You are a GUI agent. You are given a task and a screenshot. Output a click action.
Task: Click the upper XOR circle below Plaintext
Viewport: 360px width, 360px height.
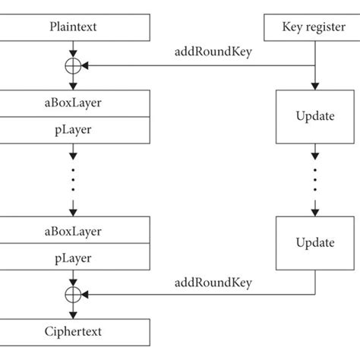[x=73, y=67]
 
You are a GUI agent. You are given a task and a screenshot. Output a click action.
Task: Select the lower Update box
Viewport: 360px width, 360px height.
[x=314, y=243]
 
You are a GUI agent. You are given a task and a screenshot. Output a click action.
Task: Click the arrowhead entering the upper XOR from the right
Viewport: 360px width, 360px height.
[x=86, y=67]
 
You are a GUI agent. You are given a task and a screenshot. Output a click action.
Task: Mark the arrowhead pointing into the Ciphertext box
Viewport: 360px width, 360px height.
[x=73, y=314]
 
